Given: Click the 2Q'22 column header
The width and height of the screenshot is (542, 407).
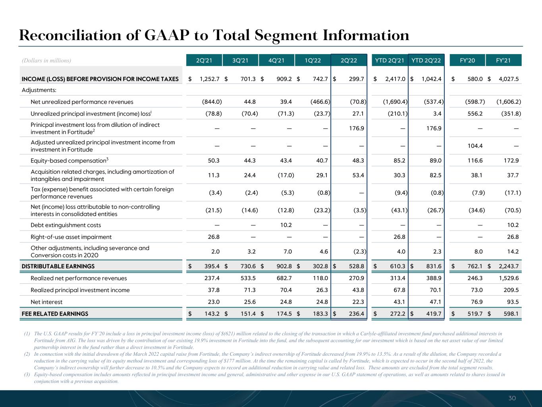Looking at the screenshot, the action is point(349,60).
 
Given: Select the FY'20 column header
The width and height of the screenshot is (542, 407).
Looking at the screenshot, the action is point(467,60).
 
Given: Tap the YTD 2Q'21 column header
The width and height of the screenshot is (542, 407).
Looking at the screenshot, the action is point(390,60).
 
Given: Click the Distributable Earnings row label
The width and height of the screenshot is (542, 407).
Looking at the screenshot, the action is point(58,266).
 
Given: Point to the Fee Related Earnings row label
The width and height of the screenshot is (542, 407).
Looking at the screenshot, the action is point(55,314).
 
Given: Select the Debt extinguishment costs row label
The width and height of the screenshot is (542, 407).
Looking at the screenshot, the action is point(66,225).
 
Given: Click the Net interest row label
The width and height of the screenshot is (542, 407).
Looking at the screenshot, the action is point(46,302).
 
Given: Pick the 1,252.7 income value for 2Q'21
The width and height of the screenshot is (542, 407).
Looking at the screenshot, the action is point(209,79).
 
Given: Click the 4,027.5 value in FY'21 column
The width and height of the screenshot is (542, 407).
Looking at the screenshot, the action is point(509,79).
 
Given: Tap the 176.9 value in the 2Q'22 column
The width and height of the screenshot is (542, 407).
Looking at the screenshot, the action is point(356,128).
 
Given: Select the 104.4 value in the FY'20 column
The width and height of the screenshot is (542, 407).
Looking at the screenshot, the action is point(475,146).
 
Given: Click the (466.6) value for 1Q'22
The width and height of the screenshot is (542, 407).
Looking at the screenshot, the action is point(320,102).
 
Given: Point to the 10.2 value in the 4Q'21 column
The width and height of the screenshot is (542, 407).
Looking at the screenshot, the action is point(286,225).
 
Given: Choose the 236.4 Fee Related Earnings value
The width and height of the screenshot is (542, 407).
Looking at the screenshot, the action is point(356,314).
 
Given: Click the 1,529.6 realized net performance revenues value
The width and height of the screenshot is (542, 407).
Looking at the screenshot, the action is point(509,278).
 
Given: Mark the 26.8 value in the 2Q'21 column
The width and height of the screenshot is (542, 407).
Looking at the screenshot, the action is point(214,237).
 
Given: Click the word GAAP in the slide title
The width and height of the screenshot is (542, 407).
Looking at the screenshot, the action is point(167,35).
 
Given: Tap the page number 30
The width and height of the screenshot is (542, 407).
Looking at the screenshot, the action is point(512,398).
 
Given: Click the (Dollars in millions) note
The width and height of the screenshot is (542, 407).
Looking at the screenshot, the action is point(46,60).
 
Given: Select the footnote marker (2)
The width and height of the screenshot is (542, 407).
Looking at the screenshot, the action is point(27,354).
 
